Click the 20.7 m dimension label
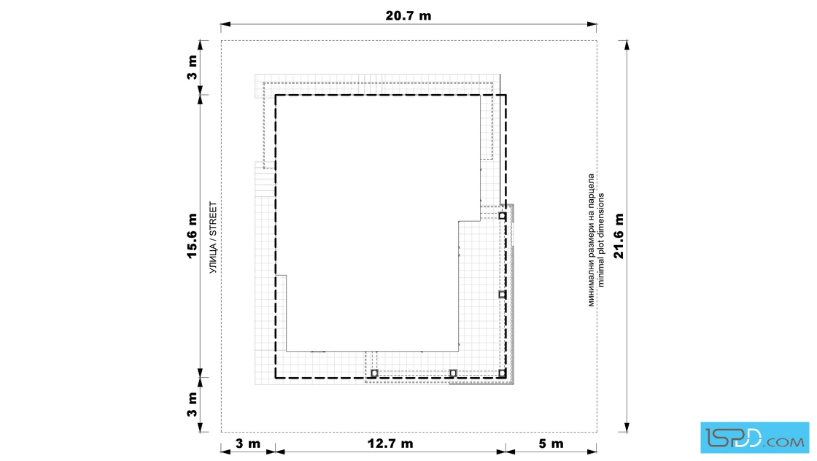[x=408, y=15]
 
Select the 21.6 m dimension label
[x=619, y=236]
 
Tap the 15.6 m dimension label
[x=192, y=236]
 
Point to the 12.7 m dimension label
[x=390, y=443]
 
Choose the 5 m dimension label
[x=551, y=443]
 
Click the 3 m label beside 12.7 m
[x=247, y=443]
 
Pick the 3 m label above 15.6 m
[x=192, y=67]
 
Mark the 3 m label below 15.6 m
[x=192, y=405]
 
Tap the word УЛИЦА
[x=212, y=257]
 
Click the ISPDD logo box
[x=754, y=438]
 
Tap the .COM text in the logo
[x=785, y=442]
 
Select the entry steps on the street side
[x=265, y=179]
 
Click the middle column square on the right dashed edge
[x=503, y=294]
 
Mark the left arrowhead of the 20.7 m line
[x=225, y=25]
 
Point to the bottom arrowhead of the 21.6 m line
[x=627, y=427]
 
